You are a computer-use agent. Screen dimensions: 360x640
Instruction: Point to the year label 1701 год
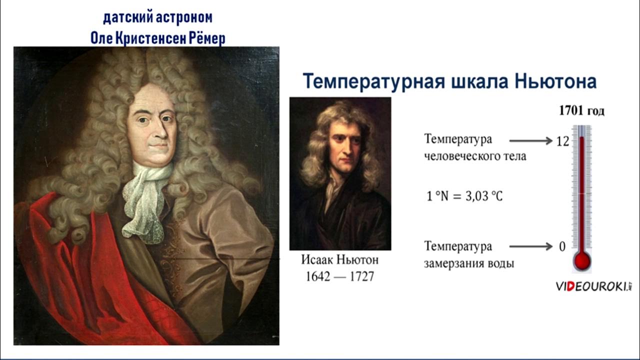581,111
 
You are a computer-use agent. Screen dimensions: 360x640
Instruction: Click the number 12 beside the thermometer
562,141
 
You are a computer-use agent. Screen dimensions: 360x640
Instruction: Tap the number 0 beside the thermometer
562,247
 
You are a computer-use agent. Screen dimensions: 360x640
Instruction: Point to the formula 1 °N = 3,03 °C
464,196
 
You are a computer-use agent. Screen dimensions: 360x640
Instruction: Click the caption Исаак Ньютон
340,260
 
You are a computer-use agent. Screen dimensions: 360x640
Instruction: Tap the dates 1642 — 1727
340,276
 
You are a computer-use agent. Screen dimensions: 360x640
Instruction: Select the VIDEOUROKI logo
593,286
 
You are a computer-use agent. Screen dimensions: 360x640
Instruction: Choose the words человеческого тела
475,156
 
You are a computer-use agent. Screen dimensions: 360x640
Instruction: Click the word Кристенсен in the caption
148,38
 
